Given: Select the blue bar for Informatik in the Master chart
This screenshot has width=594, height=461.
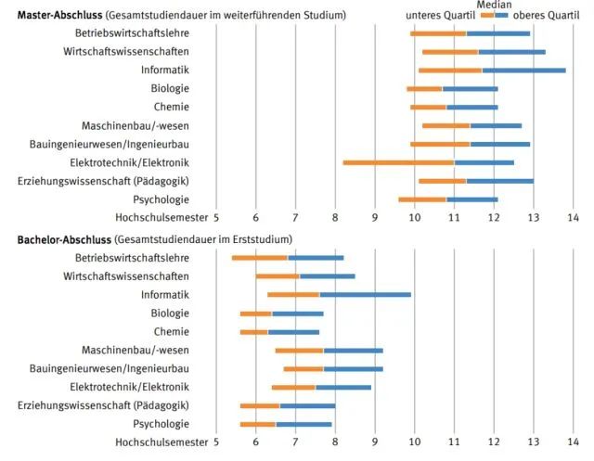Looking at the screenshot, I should pos(524,70).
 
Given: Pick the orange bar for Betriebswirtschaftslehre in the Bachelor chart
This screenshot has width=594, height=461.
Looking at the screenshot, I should pos(259,257).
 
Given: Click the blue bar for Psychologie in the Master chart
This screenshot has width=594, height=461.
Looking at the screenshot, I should pos(472,198).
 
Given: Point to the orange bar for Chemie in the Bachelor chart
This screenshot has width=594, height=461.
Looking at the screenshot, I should pos(253,331).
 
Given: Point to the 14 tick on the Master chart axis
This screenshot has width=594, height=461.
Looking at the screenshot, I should pos(573,217).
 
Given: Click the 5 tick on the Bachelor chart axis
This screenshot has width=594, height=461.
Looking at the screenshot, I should pos(216,443).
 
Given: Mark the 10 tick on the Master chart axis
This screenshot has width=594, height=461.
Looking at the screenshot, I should pos(414,217).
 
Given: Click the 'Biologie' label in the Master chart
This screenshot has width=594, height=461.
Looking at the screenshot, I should pos(170,88).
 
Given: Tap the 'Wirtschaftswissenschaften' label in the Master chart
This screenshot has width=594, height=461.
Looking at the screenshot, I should pos(126,51).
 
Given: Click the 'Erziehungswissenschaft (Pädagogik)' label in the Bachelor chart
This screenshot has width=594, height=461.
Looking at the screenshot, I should pos(103,405).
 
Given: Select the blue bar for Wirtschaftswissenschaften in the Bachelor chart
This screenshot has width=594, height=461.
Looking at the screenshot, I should pos(327,275).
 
